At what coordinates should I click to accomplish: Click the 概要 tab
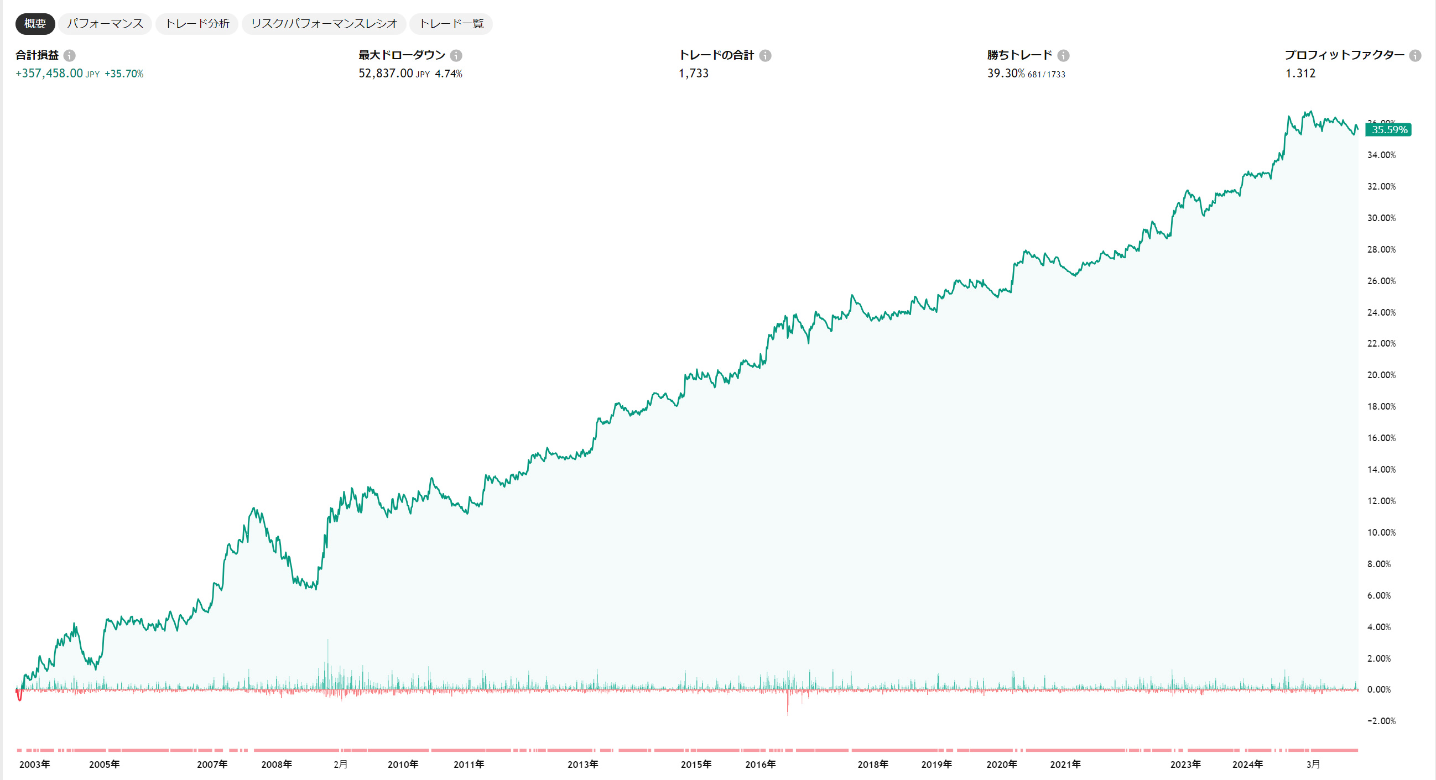[x=34, y=23]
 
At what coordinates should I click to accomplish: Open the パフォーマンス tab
[x=105, y=23]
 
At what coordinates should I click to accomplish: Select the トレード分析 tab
[x=197, y=23]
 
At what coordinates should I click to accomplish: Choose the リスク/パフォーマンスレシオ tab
[x=324, y=23]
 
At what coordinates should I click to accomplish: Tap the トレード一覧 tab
[x=451, y=23]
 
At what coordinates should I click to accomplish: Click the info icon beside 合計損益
[x=69, y=55]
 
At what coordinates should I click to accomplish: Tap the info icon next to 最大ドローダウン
[x=456, y=55]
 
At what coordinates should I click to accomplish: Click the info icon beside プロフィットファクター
[x=1415, y=55]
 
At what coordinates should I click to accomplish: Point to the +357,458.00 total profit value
[x=49, y=74]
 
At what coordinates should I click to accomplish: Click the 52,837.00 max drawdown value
[x=386, y=74]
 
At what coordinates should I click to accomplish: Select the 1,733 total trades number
[x=693, y=74]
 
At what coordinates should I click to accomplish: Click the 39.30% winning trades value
[x=1006, y=74]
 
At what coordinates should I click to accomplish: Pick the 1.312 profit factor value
[x=1300, y=74]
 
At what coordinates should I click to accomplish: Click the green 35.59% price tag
[x=1388, y=130]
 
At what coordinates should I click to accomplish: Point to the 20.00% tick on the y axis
[x=1381, y=375]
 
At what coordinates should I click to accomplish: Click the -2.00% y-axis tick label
[x=1381, y=721]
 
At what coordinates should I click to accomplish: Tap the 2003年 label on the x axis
[x=34, y=765]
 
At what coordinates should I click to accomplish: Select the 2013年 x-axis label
[x=582, y=765]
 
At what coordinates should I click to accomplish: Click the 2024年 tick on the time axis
[x=1247, y=765]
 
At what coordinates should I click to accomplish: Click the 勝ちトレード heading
[x=1019, y=55]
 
